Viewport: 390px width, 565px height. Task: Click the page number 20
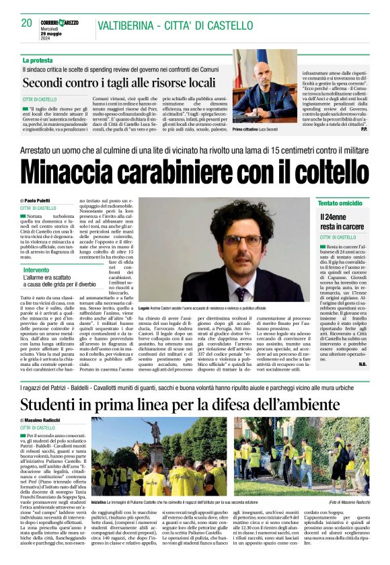coord(27,23)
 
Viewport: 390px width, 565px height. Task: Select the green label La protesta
coord(38,61)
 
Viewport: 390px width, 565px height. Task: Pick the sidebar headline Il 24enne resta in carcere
coord(343,223)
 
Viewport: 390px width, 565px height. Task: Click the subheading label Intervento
coord(36,269)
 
